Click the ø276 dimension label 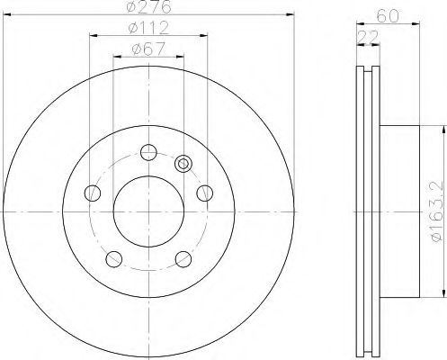[x=149, y=6]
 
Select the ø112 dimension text [x=148, y=28]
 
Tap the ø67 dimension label [x=148, y=49]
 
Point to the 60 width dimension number [x=388, y=16]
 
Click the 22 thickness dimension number [x=368, y=37]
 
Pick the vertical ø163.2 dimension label [x=437, y=211]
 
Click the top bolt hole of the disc [x=148, y=152]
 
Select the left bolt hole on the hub [x=92, y=193]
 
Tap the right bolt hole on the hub [x=205, y=193]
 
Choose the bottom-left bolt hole [x=114, y=259]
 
